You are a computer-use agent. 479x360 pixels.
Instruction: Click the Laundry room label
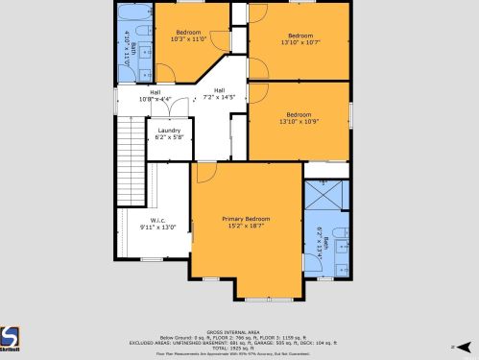[169, 133]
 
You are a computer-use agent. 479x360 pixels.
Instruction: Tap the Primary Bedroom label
[246, 222]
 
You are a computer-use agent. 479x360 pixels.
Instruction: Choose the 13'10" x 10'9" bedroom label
[299, 118]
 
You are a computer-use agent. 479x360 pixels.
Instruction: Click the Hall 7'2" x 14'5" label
[219, 94]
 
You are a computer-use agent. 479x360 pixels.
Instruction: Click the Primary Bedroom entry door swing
[204, 173]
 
